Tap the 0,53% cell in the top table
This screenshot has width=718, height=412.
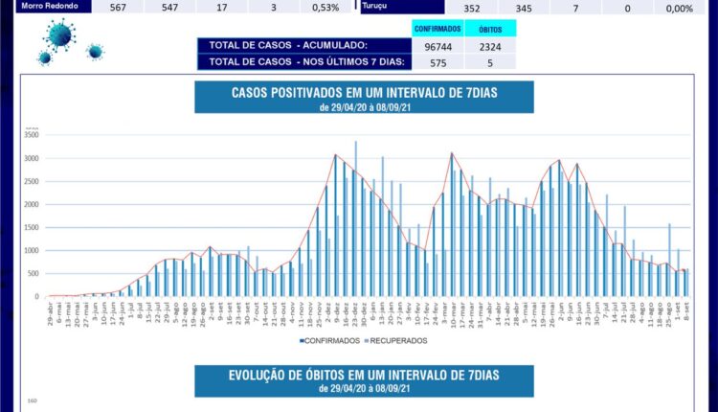coord(325,7)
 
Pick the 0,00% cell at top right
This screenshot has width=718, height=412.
coord(679,8)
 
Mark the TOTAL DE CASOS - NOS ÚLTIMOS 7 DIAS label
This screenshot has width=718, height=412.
coord(301,62)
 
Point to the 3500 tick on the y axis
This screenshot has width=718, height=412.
coord(30,135)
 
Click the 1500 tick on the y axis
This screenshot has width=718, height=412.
coord(30,227)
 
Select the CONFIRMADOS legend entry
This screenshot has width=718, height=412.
coord(331,340)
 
